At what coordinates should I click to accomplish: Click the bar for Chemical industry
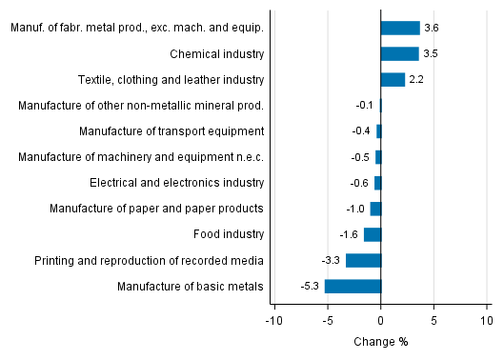399,53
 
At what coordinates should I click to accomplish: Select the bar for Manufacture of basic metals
353,286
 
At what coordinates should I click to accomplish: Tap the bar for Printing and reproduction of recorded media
363,260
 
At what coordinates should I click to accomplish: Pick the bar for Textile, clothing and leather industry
393,79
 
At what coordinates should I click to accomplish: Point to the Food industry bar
373,234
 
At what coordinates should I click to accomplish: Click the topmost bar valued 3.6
400,28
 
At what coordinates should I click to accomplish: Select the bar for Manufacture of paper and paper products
375,209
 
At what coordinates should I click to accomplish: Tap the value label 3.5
432,53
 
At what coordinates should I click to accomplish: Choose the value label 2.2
417,79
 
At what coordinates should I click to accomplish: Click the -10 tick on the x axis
274,321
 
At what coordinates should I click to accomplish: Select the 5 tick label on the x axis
433,321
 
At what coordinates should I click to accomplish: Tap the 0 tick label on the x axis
381,321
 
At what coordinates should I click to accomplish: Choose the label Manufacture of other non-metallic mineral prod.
141,105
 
